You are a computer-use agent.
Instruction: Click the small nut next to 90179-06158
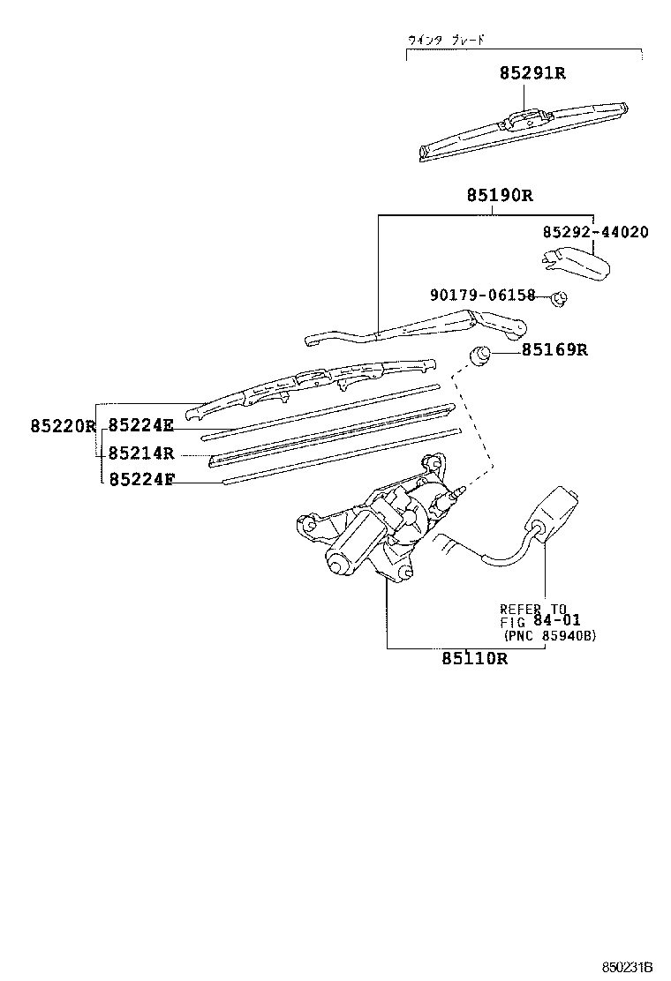click(x=558, y=299)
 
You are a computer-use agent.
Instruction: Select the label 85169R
click(x=554, y=350)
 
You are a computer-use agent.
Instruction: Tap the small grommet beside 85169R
click(x=481, y=355)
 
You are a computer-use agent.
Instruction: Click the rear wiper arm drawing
click(x=415, y=327)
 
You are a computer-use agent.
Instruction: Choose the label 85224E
click(x=140, y=427)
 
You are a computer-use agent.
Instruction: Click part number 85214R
click(x=141, y=453)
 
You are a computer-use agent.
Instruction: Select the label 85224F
click(x=140, y=480)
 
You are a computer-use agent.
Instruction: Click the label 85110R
click(x=475, y=658)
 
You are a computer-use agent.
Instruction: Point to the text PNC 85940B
click(x=549, y=635)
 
